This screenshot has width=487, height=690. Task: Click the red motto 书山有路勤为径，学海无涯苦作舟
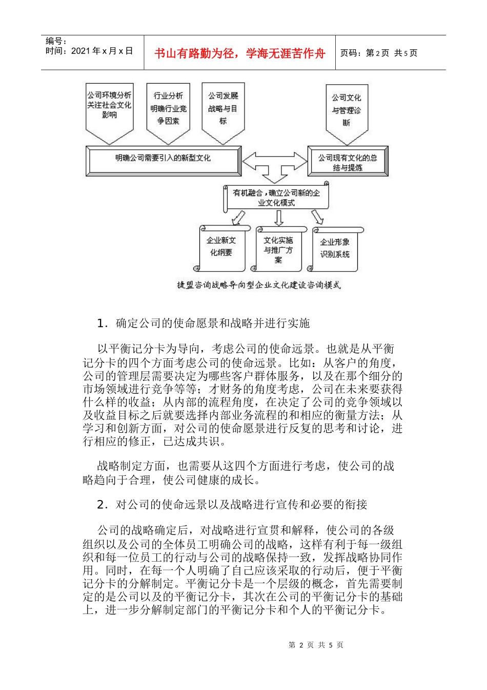[240, 53]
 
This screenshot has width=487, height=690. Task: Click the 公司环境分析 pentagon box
[109, 108]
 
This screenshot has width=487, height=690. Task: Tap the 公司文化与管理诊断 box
[347, 110]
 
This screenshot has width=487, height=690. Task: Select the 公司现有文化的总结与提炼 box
[348, 162]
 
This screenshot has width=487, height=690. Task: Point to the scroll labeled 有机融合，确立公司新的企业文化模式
[276, 198]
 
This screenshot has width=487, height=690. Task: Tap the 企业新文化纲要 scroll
[221, 247]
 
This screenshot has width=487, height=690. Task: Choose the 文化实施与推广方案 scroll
[278, 250]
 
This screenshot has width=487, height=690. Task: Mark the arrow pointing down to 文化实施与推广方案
[278, 218]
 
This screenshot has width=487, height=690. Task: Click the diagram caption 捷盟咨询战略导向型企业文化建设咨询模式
[259, 285]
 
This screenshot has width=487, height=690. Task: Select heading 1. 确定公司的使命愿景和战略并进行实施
[204, 323]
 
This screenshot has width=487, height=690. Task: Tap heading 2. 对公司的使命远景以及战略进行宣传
[232, 505]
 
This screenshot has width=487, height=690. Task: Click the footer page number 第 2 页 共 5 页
[316, 645]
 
